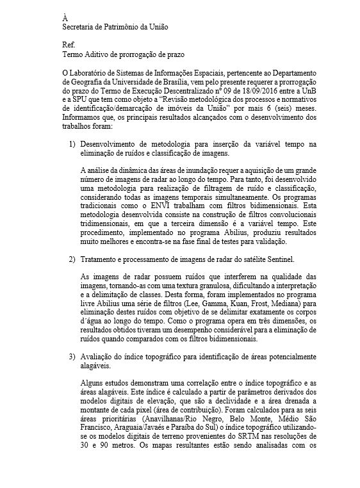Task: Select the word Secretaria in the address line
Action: coord(80,26)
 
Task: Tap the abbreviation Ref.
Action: coord(67,46)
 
